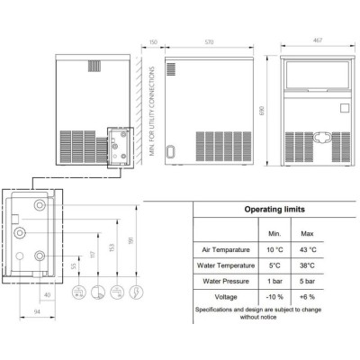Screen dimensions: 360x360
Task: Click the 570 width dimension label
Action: point(209,42)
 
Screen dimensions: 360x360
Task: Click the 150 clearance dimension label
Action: point(153,42)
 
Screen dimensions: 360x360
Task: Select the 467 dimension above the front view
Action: point(318,40)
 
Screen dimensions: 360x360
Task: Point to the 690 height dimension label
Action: point(261,111)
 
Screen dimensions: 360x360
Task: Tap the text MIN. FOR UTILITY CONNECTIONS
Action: point(152,111)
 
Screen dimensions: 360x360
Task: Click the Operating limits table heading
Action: point(274,209)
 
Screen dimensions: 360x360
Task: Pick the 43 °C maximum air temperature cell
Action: point(308,249)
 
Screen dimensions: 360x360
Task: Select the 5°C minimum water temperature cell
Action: point(274,265)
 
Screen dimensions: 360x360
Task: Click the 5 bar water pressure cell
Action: point(307,282)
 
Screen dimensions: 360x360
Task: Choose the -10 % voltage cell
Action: point(274,297)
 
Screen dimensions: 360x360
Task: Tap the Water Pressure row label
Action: point(226,282)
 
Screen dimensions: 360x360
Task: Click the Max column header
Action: point(307,234)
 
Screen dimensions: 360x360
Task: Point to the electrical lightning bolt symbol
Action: point(136,292)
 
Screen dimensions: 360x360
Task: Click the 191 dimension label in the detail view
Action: point(130,240)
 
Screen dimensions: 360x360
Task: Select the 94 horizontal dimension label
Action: point(37,312)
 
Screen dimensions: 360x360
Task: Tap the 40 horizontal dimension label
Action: point(47,295)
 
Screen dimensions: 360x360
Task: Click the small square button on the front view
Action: point(345,108)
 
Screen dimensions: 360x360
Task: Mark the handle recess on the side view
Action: point(170,151)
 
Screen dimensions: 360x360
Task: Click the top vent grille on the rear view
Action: point(94,66)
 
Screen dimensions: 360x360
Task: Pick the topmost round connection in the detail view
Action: point(40,205)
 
